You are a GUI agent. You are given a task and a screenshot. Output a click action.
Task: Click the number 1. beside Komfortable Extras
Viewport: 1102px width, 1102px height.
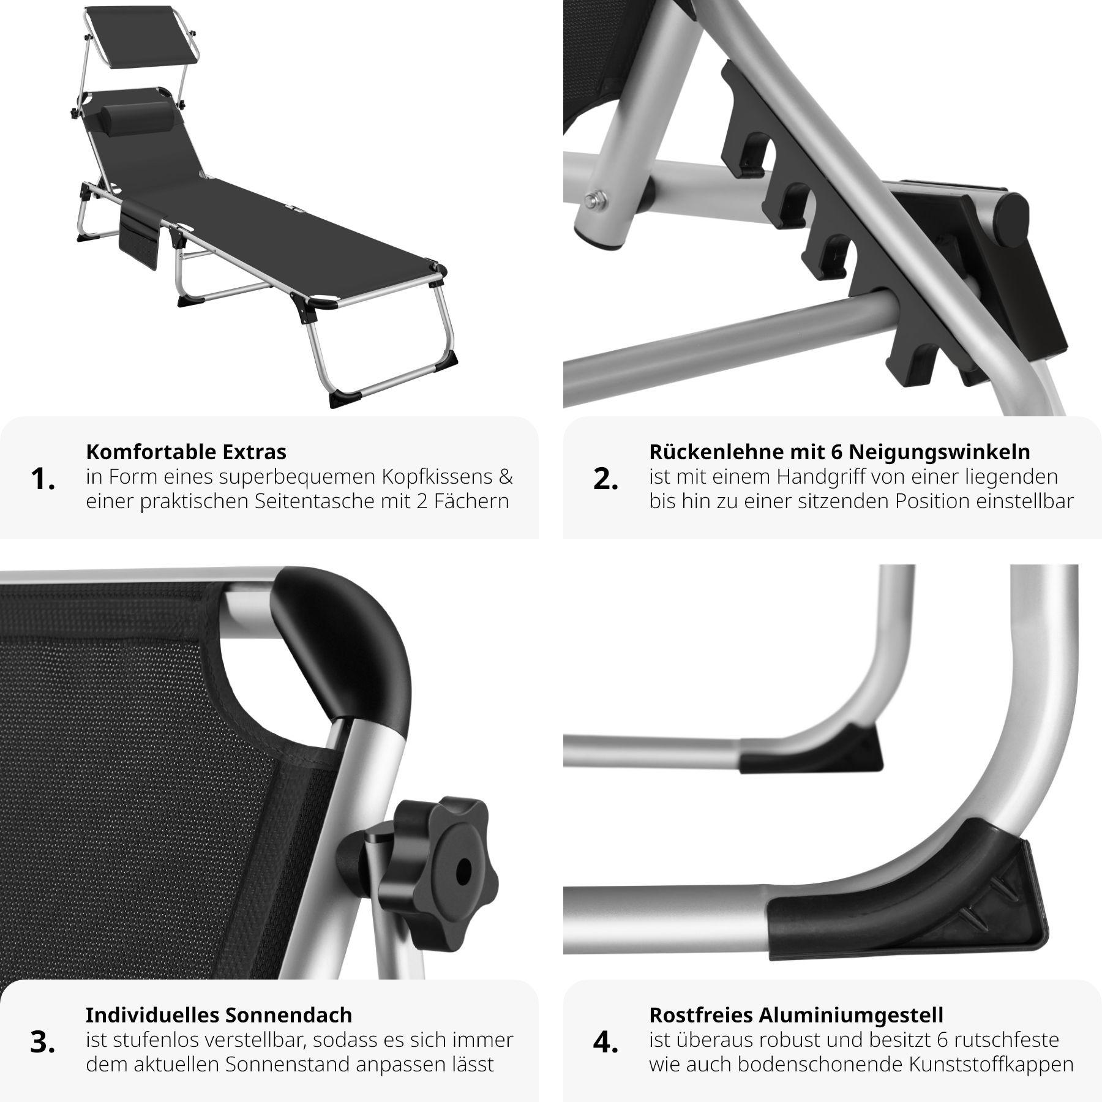tap(42, 479)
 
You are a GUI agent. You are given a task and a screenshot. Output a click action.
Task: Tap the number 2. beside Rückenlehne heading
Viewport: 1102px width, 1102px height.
tap(605, 479)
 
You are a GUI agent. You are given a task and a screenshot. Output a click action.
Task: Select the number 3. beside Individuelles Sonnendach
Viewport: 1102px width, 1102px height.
tap(42, 1043)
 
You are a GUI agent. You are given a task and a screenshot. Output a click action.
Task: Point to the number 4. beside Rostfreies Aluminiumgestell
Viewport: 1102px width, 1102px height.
tap(605, 1043)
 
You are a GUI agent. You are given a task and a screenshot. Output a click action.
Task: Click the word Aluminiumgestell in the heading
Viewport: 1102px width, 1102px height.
tap(852, 1014)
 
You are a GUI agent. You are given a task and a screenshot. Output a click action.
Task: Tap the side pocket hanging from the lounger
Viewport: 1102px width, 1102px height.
tap(139, 239)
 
